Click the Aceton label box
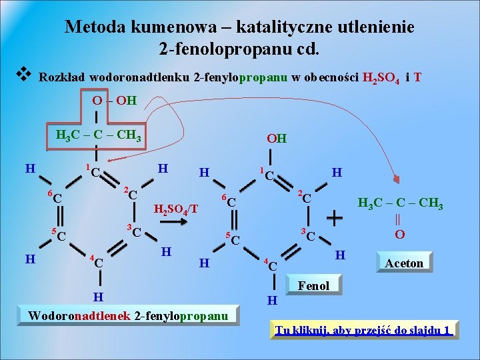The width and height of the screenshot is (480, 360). click(404, 263)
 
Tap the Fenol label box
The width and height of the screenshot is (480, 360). click(313, 285)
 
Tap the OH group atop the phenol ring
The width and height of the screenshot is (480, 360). click(277, 139)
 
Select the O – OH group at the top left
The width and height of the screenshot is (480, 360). click(115, 101)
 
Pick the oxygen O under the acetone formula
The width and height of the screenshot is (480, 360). click(400, 235)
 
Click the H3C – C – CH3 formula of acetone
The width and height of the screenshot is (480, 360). click(400, 203)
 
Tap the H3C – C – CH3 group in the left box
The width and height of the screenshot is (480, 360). click(99, 137)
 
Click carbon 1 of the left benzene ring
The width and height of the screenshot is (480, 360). click(95, 173)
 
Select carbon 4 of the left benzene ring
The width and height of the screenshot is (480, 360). click(98, 262)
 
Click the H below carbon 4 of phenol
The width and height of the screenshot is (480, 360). click(271, 301)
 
